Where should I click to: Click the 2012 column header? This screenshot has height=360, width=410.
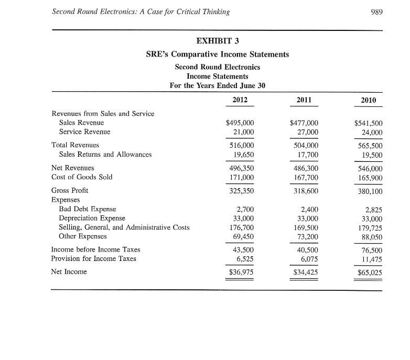point(240,100)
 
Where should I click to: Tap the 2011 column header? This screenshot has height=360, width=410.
point(304,100)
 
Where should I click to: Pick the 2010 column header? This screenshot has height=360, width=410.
point(369,100)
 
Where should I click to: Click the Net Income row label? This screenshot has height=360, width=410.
point(70,271)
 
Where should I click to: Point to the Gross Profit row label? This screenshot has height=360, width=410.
point(70,190)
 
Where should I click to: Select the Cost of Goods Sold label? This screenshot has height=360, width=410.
point(82,177)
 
